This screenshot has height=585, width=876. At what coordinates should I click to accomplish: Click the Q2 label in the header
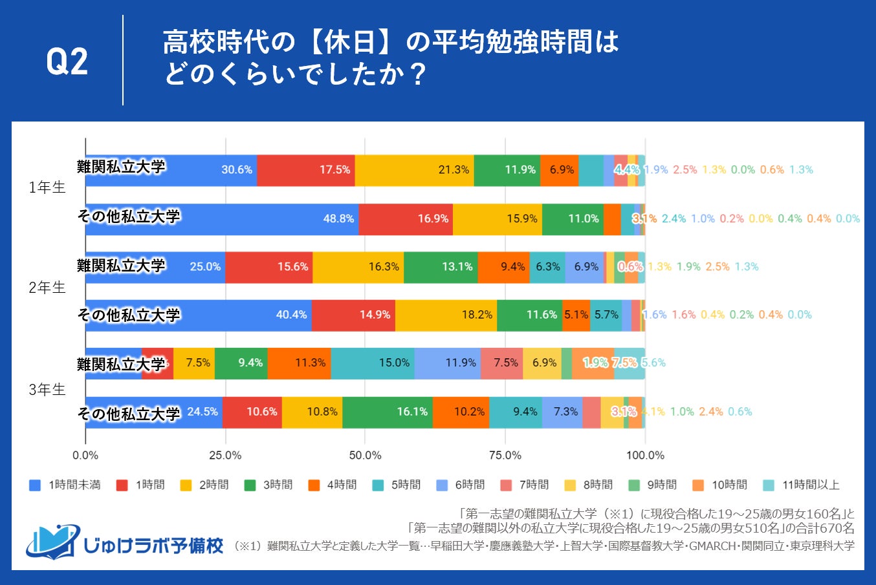coord(67,62)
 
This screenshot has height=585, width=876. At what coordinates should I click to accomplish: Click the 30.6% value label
coord(237,170)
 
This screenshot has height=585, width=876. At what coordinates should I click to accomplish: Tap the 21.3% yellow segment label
coord(454,170)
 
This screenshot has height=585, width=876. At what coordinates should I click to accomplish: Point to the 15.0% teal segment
coord(394,363)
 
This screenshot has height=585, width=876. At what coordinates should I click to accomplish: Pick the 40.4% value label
coord(291,315)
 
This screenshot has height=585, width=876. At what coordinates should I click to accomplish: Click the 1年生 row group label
coord(47,187)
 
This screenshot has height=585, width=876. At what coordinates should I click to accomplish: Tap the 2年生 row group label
coord(47,288)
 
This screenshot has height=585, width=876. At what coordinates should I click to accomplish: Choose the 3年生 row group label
coord(47,390)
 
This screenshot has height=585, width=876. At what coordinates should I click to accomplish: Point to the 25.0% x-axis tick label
coord(225,456)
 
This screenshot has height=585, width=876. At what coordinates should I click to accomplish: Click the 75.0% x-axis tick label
coord(505,456)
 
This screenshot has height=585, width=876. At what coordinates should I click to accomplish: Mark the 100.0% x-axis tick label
coord(645,456)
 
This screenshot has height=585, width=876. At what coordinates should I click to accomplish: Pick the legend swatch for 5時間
coord(378,485)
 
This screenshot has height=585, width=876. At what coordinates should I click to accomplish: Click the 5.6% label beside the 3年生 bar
coord(653,363)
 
